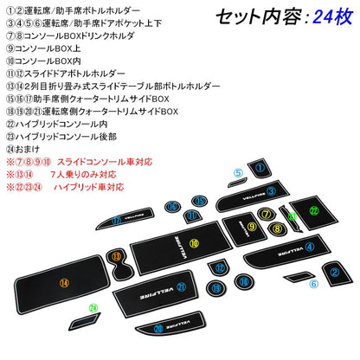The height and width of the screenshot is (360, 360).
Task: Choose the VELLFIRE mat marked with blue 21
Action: coord(172,286)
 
